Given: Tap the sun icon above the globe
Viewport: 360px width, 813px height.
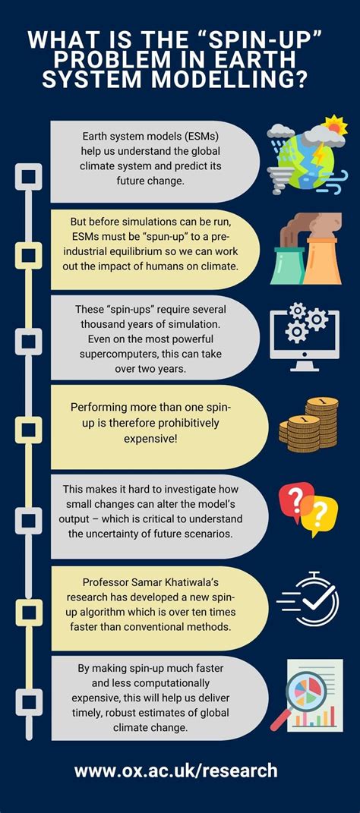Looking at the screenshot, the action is coord(333,127).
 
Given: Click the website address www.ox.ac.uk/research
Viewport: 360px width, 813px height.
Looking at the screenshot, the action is coord(176,770).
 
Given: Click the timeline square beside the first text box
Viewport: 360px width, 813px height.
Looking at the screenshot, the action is coord(29,176).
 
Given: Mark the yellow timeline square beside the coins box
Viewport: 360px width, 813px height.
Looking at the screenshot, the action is coord(29,430).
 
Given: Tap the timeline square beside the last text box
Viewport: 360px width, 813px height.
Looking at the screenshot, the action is coord(29,701).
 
